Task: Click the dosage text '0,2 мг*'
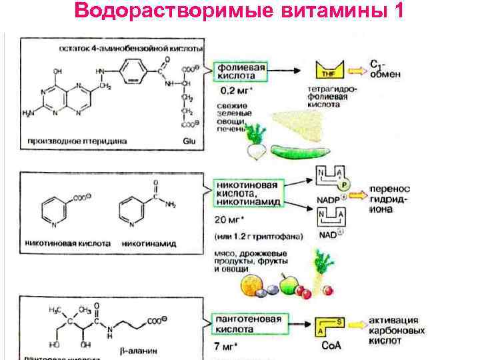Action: (x=236, y=91)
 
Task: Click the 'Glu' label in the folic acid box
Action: (x=189, y=141)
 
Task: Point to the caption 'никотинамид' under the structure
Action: (x=149, y=244)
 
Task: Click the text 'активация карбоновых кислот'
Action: (x=394, y=330)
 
